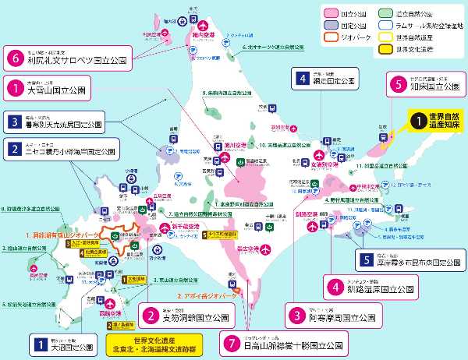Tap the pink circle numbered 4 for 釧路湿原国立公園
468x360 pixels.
pyautogui.click(x=333, y=286)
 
